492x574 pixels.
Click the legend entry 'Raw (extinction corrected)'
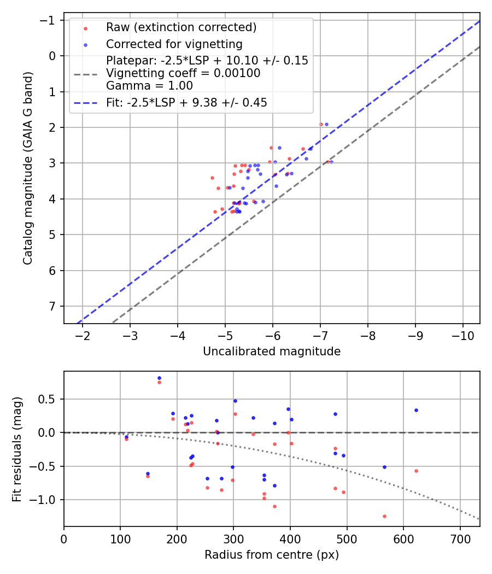[x=181, y=27]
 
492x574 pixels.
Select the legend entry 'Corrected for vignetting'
[x=174, y=44]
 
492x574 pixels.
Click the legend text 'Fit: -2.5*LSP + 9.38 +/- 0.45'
[x=186, y=103]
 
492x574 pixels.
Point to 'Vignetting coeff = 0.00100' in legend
[x=183, y=73]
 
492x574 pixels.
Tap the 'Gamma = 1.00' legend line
[x=149, y=85]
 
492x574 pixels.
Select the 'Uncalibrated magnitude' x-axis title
[x=272, y=352]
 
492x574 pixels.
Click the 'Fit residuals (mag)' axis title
[x=16, y=448]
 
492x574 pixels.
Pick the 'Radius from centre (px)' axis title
[x=272, y=555]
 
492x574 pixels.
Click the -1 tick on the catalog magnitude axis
[x=51, y=20]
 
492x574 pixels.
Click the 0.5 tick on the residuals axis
[x=51, y=399]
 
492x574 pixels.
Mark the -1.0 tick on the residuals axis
[x=48, y=500]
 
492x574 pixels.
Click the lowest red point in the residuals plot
[x=384, y=516]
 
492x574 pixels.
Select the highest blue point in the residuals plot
[x=159, y=378]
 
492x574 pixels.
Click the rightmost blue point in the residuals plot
[x=416, y=410]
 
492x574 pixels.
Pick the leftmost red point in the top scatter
[x=212, y=178]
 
